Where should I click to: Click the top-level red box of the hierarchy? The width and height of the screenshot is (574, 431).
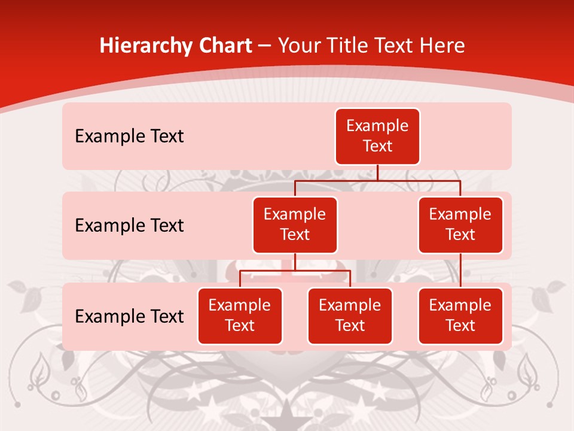coord(377,136)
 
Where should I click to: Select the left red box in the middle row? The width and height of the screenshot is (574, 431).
coord(295,224)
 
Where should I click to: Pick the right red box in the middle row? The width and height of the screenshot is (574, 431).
coord(460,224)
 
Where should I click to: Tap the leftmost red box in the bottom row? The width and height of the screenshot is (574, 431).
coord(240,315)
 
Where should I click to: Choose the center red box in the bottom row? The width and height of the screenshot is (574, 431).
coord(350,315)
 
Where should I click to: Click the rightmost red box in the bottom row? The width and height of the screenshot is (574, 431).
coord(460,315)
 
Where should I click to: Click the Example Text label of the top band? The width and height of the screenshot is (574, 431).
coord(129,136)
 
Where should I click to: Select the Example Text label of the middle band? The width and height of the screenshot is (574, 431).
coord(129,226)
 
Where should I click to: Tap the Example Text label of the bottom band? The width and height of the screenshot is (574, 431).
coord(129,316)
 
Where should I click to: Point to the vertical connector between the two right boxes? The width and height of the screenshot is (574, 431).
coord(460,270)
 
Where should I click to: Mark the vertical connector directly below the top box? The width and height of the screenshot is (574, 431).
coord(377,172)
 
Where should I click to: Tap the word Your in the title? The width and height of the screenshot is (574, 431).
coord(299,46)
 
